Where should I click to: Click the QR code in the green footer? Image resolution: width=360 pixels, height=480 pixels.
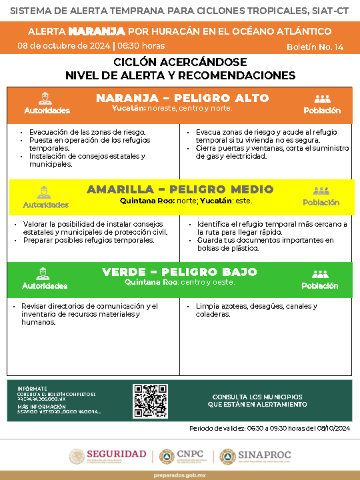(150, 400)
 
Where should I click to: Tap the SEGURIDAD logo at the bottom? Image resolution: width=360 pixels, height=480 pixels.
(108, 456)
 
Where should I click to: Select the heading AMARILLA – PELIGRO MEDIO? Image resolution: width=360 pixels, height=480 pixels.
(180, 189)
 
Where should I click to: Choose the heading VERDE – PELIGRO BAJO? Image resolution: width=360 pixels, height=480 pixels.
(180, 272)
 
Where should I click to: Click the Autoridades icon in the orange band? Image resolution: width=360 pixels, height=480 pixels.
(46, 97)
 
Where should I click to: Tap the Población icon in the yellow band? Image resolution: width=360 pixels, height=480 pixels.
(321, 191)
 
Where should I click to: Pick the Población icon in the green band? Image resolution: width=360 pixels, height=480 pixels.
(321, 273)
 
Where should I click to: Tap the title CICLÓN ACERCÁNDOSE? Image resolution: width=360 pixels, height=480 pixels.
(180, 62)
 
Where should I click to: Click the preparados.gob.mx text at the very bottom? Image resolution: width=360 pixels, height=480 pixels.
(180, 474)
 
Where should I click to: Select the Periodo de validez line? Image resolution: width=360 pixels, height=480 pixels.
(270, 427)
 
